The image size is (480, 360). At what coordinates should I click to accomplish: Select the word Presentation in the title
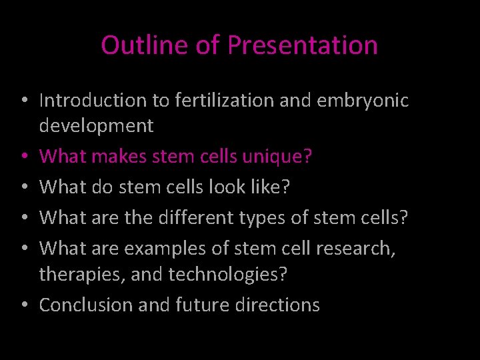[303, 45]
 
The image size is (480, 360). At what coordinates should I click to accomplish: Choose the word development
[97, 125]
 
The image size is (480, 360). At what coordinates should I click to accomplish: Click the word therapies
[81, 273]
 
